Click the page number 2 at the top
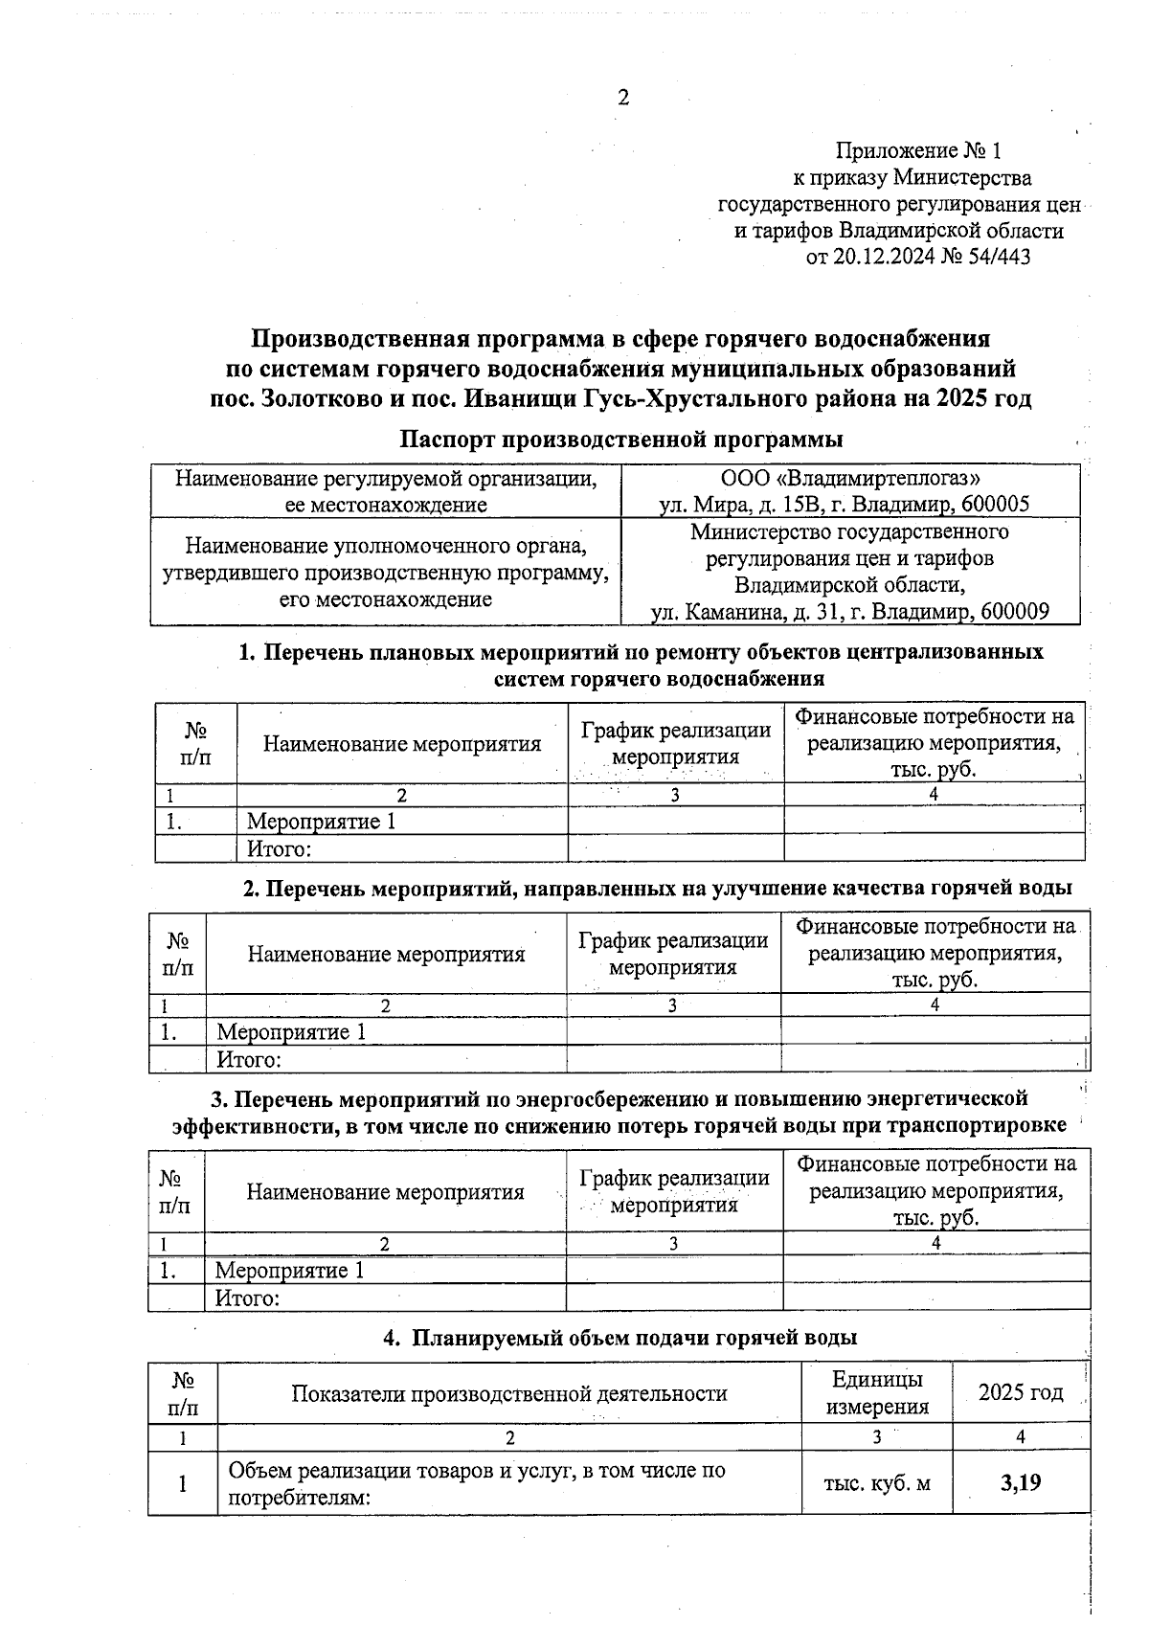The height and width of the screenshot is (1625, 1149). pyautogui.click(x=623, y=98)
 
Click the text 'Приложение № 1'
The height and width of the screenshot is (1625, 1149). pyautogui.click(x=917, y=151)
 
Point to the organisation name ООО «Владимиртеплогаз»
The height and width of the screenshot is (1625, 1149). pyautogui.click(x=850, y=477)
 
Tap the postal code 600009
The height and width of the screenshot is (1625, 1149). pyautogui.click(x=1015, y=612)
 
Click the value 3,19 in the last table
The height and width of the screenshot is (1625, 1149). pyautogui.click(x=1021, y=1483)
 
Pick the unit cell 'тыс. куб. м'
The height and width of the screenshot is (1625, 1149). pyautogui.click(x=876, y=1483)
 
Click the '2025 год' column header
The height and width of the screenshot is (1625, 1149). pyautogui.click(x=1021, y=1392)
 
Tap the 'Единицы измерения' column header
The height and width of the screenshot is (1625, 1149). pyautogui.click(x=876, y=1392)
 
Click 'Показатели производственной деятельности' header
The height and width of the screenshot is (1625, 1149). pyautogui.click(x=508, y=1393)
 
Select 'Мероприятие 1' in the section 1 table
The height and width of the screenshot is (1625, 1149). pyautogui.click(x=321, y=822)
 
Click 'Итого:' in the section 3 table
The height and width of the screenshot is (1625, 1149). pyautogui.click(x=246, y=1298)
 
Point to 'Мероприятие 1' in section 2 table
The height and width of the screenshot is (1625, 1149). pyautogui.click(x=291, y=1032)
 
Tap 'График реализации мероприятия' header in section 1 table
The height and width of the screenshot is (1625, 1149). pyautogui.click(x=675, y=743)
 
